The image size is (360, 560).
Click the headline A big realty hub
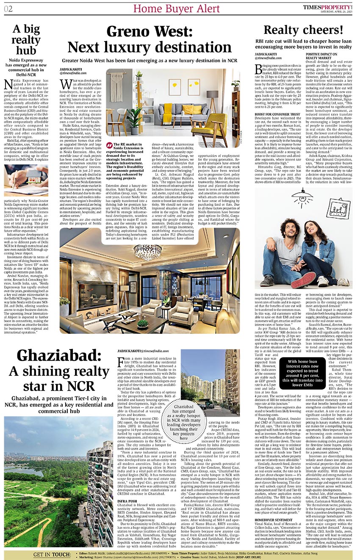pos(29,40)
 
